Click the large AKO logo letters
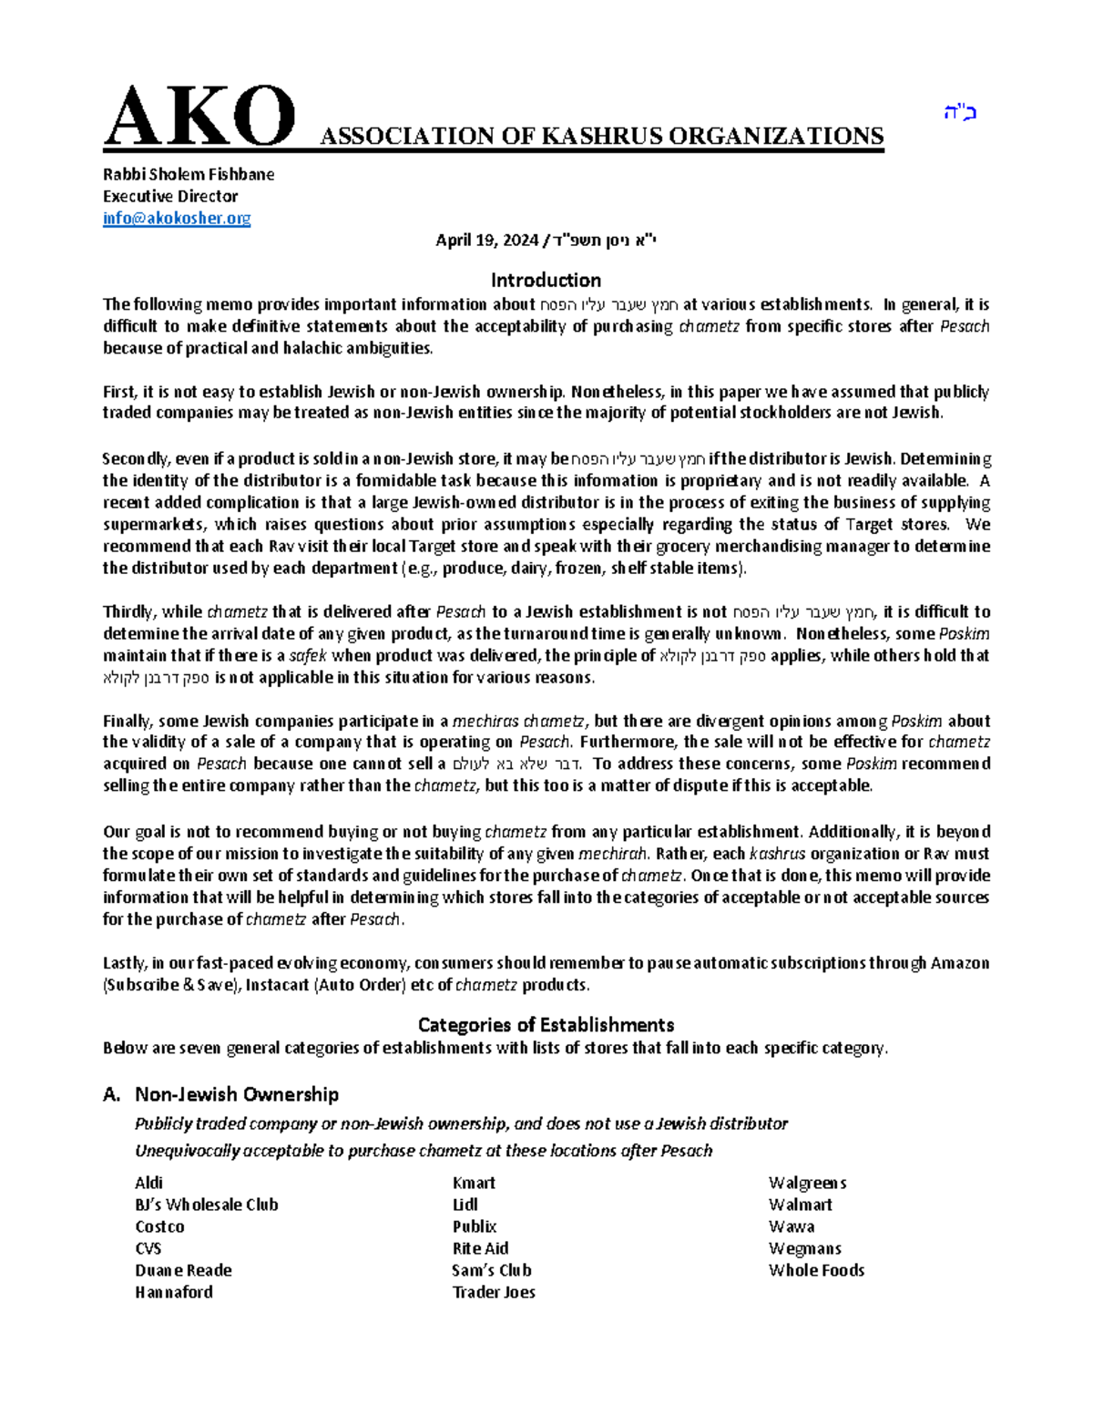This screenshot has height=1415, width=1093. (199, 118)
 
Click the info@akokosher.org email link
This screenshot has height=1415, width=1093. (177, 218)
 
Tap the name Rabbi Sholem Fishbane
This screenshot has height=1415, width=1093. (189, 174)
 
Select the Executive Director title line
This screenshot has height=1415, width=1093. (170, 196)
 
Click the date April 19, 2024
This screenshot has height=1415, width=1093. (486, 241)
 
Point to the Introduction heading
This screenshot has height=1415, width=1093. (546, 280)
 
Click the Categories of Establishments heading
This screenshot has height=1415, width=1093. (546, 1024)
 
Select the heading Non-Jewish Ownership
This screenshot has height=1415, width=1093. (236, 1094)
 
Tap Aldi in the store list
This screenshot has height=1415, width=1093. (148, 1183)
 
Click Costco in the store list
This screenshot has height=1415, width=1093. (159, 1226)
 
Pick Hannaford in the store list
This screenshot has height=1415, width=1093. (174, 1292)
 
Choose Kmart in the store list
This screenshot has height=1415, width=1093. (474, 1183)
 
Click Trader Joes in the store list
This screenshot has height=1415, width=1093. (494, 1292)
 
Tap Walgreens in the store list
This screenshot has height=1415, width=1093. (807, 1183)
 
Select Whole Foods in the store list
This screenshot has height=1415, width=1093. (816, 1270)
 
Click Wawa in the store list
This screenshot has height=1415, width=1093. (791, 1226)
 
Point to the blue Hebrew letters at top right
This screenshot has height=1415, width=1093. (959, 114)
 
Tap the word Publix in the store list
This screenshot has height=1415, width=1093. (475, 1226)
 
